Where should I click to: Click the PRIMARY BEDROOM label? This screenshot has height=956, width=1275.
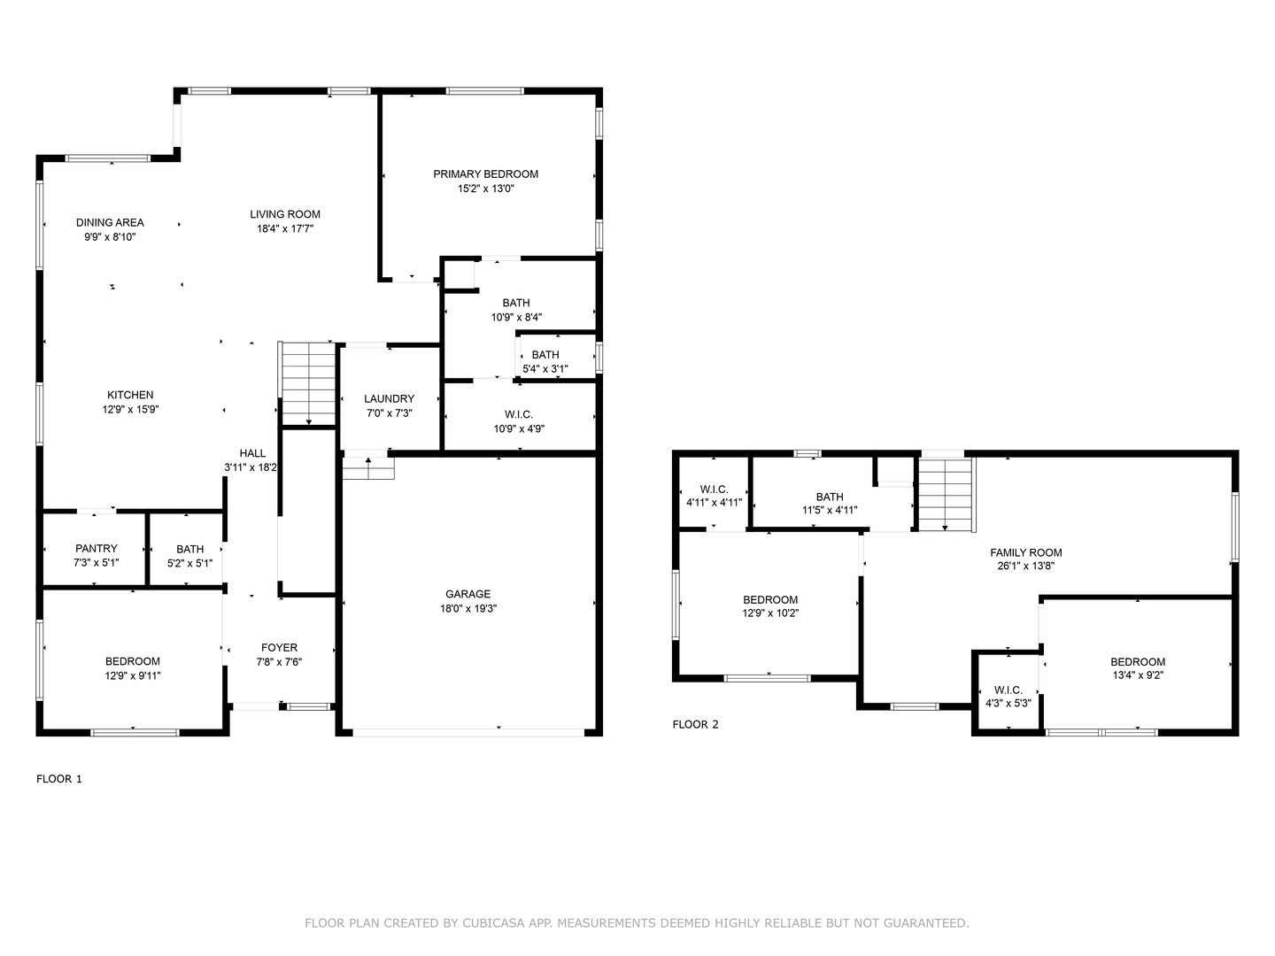[x=485, y=174]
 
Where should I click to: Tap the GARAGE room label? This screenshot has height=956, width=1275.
[x=467, y=594]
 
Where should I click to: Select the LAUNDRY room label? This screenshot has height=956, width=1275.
[x=389, y=399]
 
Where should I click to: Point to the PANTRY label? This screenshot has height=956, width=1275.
[x=96, y=549]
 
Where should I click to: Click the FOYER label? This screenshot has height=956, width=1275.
[x=279, y=648]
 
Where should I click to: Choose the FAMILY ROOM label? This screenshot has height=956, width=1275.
[x=1025, y=552]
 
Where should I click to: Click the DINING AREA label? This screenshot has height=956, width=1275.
[x=110, y=223]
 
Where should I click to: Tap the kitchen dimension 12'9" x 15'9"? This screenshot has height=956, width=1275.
[x=130, y=410]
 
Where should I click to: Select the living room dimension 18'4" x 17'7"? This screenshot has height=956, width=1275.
[x=285, y=228]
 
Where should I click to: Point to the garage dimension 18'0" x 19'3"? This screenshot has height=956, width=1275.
[x=467, y=609]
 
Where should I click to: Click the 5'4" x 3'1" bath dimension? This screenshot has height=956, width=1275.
[x=545, y=369]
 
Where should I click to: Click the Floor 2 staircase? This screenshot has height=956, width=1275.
[x=945, y=494]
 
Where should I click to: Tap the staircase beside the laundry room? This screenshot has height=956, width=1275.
[x=307, y=383]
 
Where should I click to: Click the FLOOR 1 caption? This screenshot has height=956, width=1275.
[x=59, y=779]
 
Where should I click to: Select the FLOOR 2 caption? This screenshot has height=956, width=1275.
[x=695, y=724]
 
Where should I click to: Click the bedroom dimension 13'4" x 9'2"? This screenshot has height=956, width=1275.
[x=1138, y=675]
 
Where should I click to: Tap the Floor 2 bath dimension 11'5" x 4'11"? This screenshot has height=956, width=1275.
[x=830, y=510]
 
